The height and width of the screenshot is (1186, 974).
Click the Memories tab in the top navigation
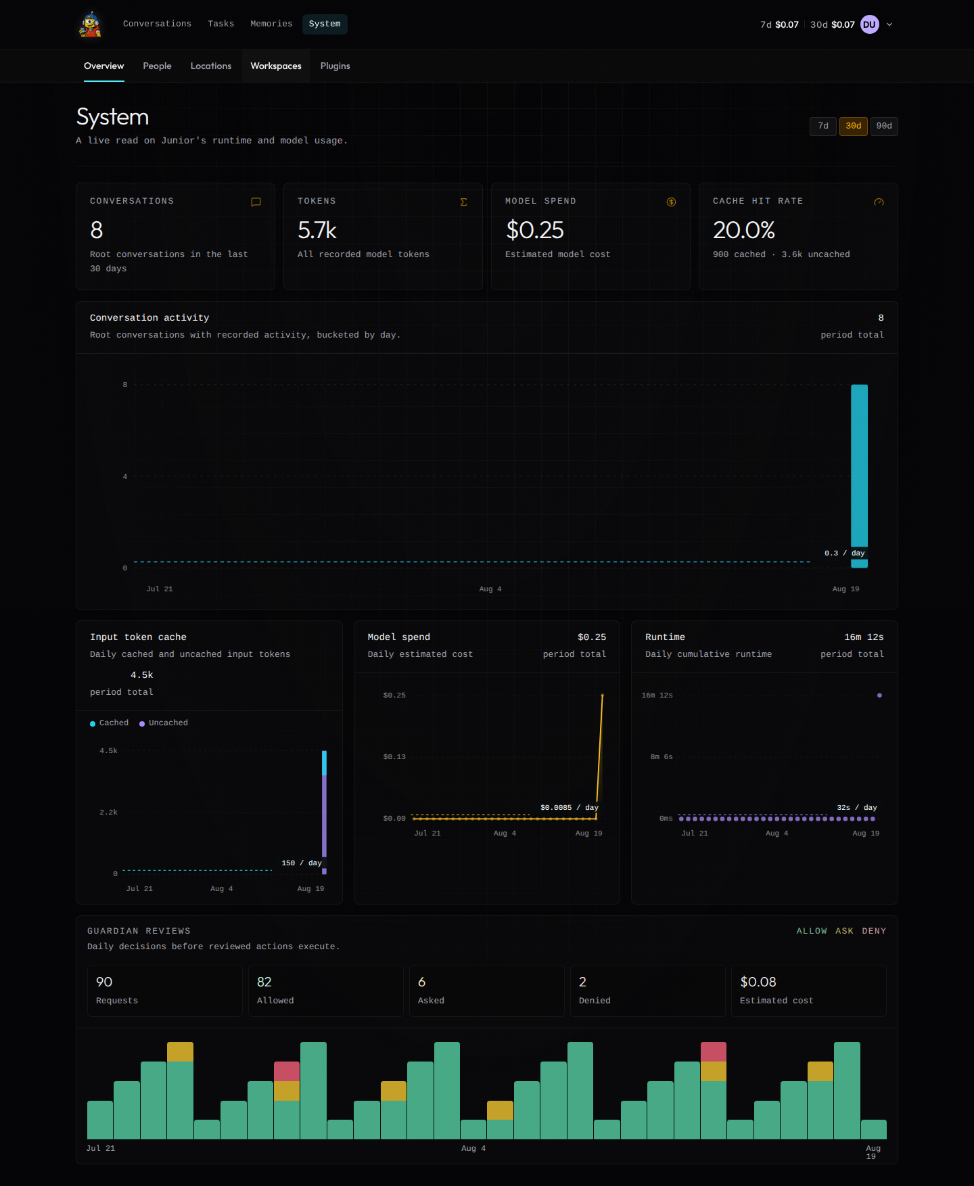coord(271,24)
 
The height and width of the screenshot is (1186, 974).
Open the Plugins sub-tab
coord(335,66)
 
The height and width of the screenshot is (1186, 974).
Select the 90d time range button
coord(884,126)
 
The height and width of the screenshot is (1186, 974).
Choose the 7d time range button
coord(823,126)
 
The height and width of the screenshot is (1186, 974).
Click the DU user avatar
coord(870,24)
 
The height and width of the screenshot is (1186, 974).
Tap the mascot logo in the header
coord(90,24)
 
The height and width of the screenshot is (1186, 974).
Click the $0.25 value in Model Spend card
coord(535,230)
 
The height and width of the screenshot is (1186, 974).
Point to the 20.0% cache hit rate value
coord(744,230)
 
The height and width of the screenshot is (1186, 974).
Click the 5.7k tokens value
coord(317,230)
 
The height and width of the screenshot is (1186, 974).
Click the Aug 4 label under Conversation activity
coord(490,589)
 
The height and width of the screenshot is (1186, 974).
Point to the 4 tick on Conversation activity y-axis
coord(125,476)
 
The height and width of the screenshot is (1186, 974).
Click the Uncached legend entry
coord(164,723)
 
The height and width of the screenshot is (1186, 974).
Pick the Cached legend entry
coord(110,723)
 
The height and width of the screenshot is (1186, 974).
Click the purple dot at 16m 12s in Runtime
coord(879,695)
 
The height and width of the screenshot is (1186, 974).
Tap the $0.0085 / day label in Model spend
coord(570,808)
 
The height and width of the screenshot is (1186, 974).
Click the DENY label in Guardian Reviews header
coord(874,931)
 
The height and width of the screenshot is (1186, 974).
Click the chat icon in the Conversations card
coord(256,202)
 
